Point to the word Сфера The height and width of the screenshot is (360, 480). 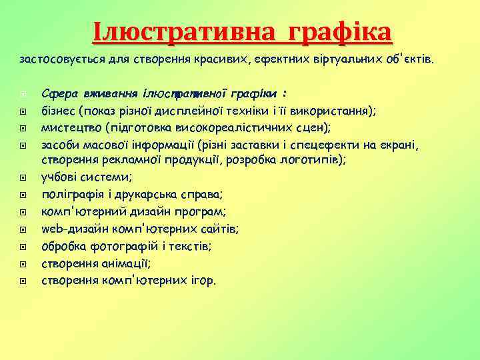(x=56, y=93)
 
